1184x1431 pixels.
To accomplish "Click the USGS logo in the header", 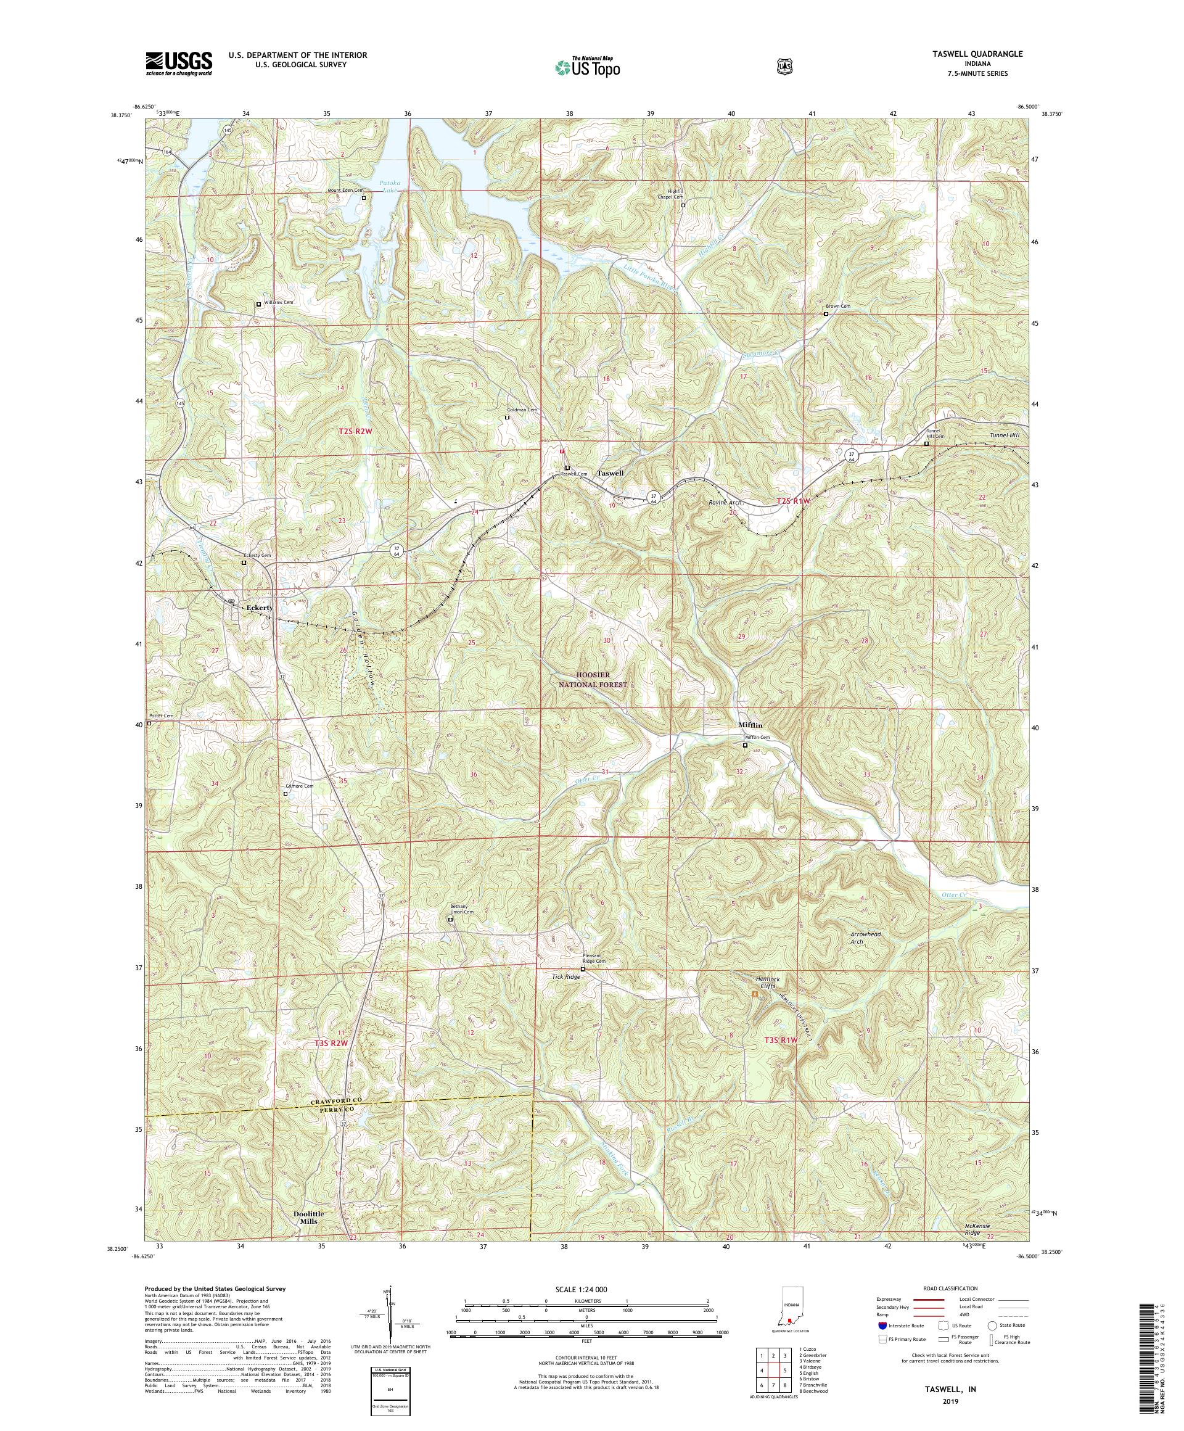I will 178,64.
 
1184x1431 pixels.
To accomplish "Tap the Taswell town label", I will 610,473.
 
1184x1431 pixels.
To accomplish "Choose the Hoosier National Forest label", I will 591,679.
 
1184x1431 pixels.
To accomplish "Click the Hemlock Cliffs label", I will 767,982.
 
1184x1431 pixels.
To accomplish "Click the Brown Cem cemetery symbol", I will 826,315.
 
